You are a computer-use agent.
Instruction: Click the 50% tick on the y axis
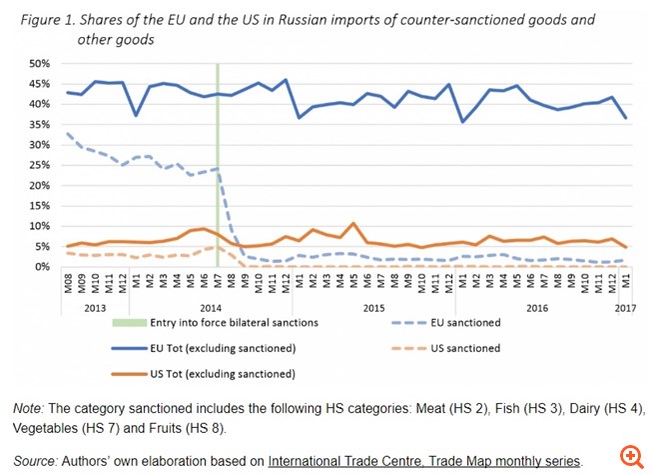pyautogui.click(x=40, y=62)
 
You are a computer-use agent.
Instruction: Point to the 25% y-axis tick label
pyautogui.click(x=40, y=165)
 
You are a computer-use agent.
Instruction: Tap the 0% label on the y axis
pyautogui.click(x=43, y=267)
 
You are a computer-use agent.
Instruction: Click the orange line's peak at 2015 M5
pyautogui.click(x=353, y=223)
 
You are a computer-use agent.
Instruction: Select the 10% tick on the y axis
pyautogui.click(x=40, y=226)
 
